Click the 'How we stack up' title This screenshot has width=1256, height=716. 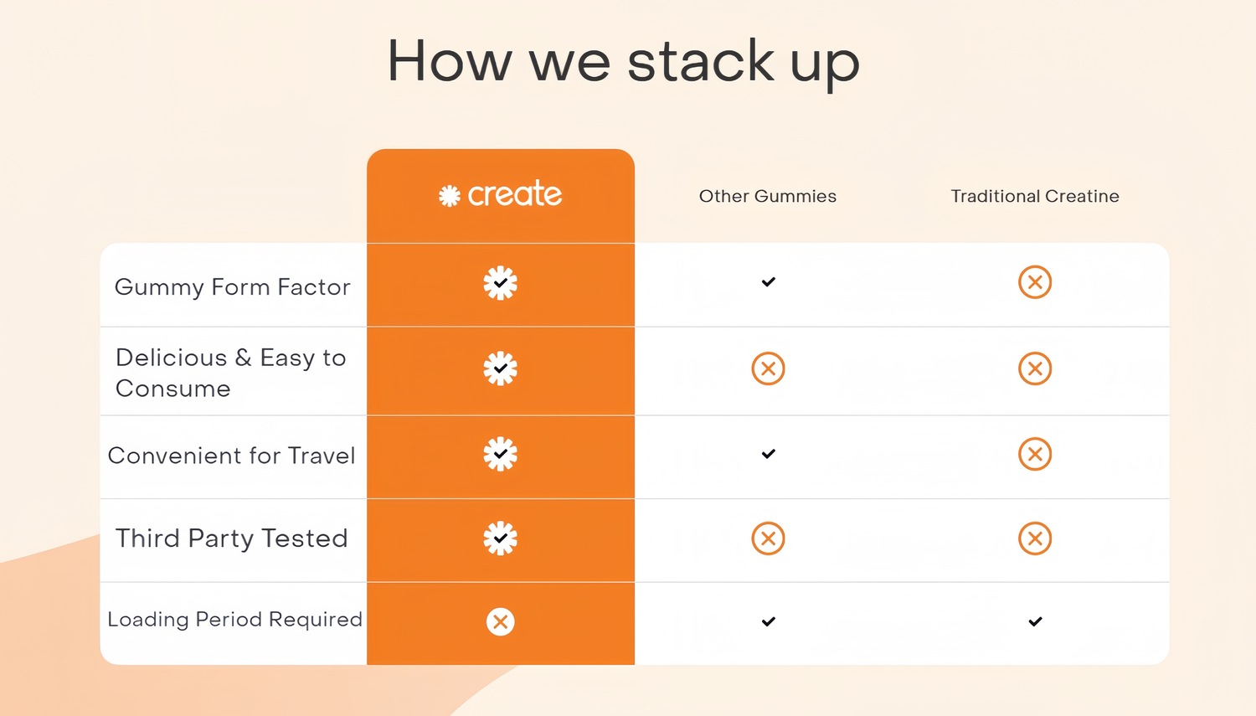(x=623, y=63)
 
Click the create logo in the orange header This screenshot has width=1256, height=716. (x=500, y=194)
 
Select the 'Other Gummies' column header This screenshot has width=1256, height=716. (x=768, y=196)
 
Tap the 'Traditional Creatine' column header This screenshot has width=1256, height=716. (x=1035, y=196)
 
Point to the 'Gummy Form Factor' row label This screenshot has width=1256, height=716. (x=232, y=287)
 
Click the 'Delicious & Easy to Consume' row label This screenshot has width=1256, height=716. (x=230, y=373)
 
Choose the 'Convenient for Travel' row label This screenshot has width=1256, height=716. (x=232, y=456)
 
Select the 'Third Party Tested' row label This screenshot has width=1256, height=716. (x=232, y=538)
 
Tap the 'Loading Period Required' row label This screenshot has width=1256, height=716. (x=235, y=620)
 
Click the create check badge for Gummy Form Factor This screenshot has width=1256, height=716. (x=500, y=283)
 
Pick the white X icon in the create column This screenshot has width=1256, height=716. (x=500, y=622)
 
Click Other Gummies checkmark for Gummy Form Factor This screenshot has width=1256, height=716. (x=768, y=281)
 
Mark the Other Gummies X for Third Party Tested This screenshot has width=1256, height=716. (x=768, y=538)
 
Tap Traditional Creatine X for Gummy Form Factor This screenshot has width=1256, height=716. (x=1035, y=282)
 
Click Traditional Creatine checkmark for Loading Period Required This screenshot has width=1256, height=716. (x=1035, y=621)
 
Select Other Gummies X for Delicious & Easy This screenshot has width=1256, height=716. (x=768, y=368)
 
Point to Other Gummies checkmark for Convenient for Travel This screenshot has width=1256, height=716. (x=768, y=454)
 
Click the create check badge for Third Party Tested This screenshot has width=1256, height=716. (x=500, y=538)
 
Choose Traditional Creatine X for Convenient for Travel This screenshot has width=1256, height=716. (x=1035, y=454)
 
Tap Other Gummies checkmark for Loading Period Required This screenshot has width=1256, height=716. (x=768, y=621)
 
